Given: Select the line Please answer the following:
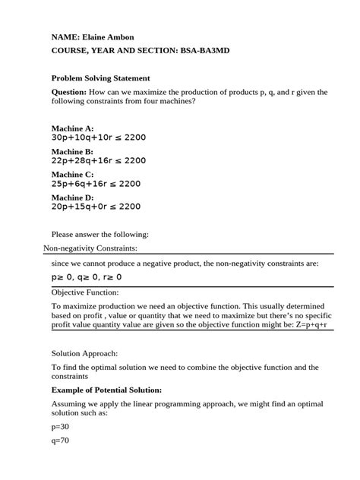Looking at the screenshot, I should [99, 233].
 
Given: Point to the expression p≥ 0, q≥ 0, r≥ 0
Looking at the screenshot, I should [86, 277].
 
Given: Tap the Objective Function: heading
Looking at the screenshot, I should [85, 292].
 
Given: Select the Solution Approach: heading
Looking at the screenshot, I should [84, 353].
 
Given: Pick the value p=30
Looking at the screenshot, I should [60, 428].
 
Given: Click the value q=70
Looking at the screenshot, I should [60, 441].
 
